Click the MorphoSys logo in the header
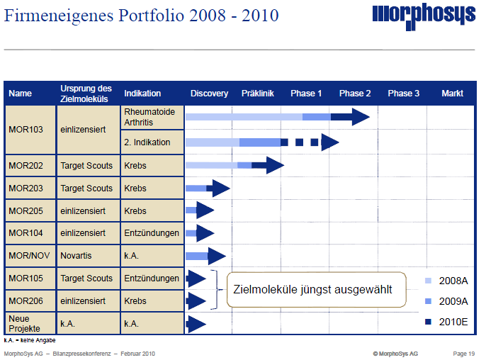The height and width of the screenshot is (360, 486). coord(423,15)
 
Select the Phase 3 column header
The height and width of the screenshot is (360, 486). coord(403,94)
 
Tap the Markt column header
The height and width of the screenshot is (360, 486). coord(452,94)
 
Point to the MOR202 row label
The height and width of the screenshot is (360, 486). coord(26,166)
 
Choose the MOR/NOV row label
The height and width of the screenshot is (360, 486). coord(29,256)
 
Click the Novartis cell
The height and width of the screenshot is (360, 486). coord(77,256)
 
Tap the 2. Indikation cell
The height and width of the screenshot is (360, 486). coord(147,142)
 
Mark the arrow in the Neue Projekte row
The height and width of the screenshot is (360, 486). coord(196,324)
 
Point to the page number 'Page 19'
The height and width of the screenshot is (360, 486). coord(464,353)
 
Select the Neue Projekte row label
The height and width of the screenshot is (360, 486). coord(25,324)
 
